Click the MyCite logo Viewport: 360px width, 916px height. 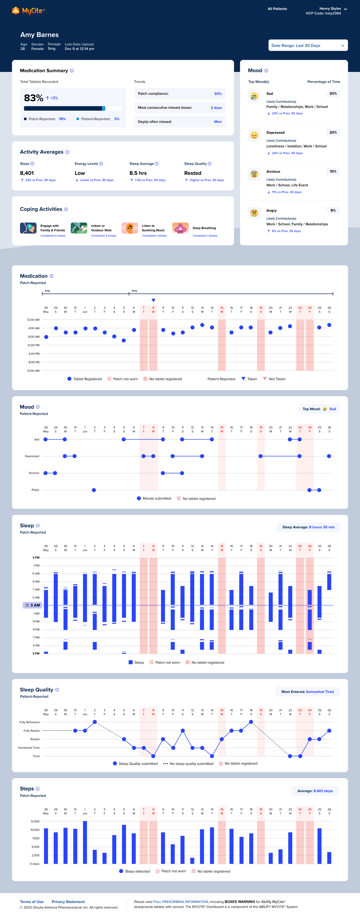29,11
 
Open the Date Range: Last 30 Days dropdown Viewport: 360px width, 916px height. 308,45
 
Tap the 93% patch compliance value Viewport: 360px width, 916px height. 218,94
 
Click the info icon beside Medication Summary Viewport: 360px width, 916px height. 72,71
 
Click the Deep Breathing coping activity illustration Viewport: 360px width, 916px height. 180,228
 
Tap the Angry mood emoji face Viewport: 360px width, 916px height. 254,213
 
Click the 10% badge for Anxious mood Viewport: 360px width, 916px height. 333,171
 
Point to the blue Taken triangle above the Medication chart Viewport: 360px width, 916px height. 153,300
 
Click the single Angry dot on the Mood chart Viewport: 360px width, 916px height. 94,490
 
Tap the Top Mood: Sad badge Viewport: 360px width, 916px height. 319,409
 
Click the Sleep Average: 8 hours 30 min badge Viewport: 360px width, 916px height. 308,527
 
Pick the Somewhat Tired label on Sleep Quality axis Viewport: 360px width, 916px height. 29,748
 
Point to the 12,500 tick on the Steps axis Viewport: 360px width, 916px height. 35,821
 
